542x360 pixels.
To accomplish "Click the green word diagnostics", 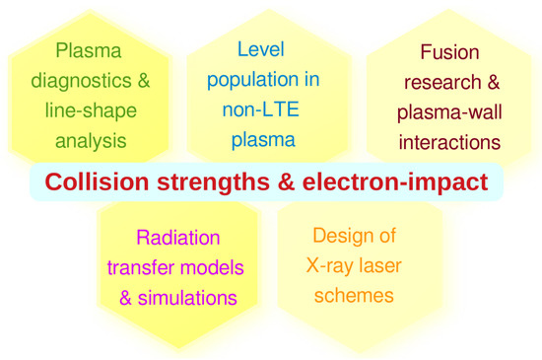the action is pyautogui.click(x=81, y=82).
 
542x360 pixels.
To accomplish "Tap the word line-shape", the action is pyautogui.click(x=91, y=110).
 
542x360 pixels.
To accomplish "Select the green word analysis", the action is pyautogui.click(x=91, y=141).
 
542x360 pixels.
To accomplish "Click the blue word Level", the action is pyautogui.click(x=261, y=49).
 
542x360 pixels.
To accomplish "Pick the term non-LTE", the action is pyautogui.click(x=260, y=109).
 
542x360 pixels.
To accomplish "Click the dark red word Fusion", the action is pyautogui.click(x=449, y=52).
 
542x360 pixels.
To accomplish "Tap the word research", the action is pyautogui.click(x=442, y=83).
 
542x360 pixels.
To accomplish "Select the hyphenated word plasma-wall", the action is pyautogui.click(x=449, y=112).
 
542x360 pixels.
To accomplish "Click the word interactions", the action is pyautogui.click(x=449, y=142).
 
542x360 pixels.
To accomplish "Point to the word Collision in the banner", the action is pyautogui.click(x=97, y=181).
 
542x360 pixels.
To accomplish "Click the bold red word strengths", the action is pyautogui.click(x=213, y=182).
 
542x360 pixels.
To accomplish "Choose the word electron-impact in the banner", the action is pyautogui.click(x=395, y=182).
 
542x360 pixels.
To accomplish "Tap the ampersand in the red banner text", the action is pyautogui.click(x=286, y=181).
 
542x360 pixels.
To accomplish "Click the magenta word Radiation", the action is pyautogui.click(x=178, y=238).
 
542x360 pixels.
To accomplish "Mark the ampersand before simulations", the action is pyautogui.click(x=126, y=298).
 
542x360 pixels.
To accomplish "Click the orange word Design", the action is pyautogui.click(x=339, y=237).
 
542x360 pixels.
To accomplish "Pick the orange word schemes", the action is pyautogui.click(x=354, y=296).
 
